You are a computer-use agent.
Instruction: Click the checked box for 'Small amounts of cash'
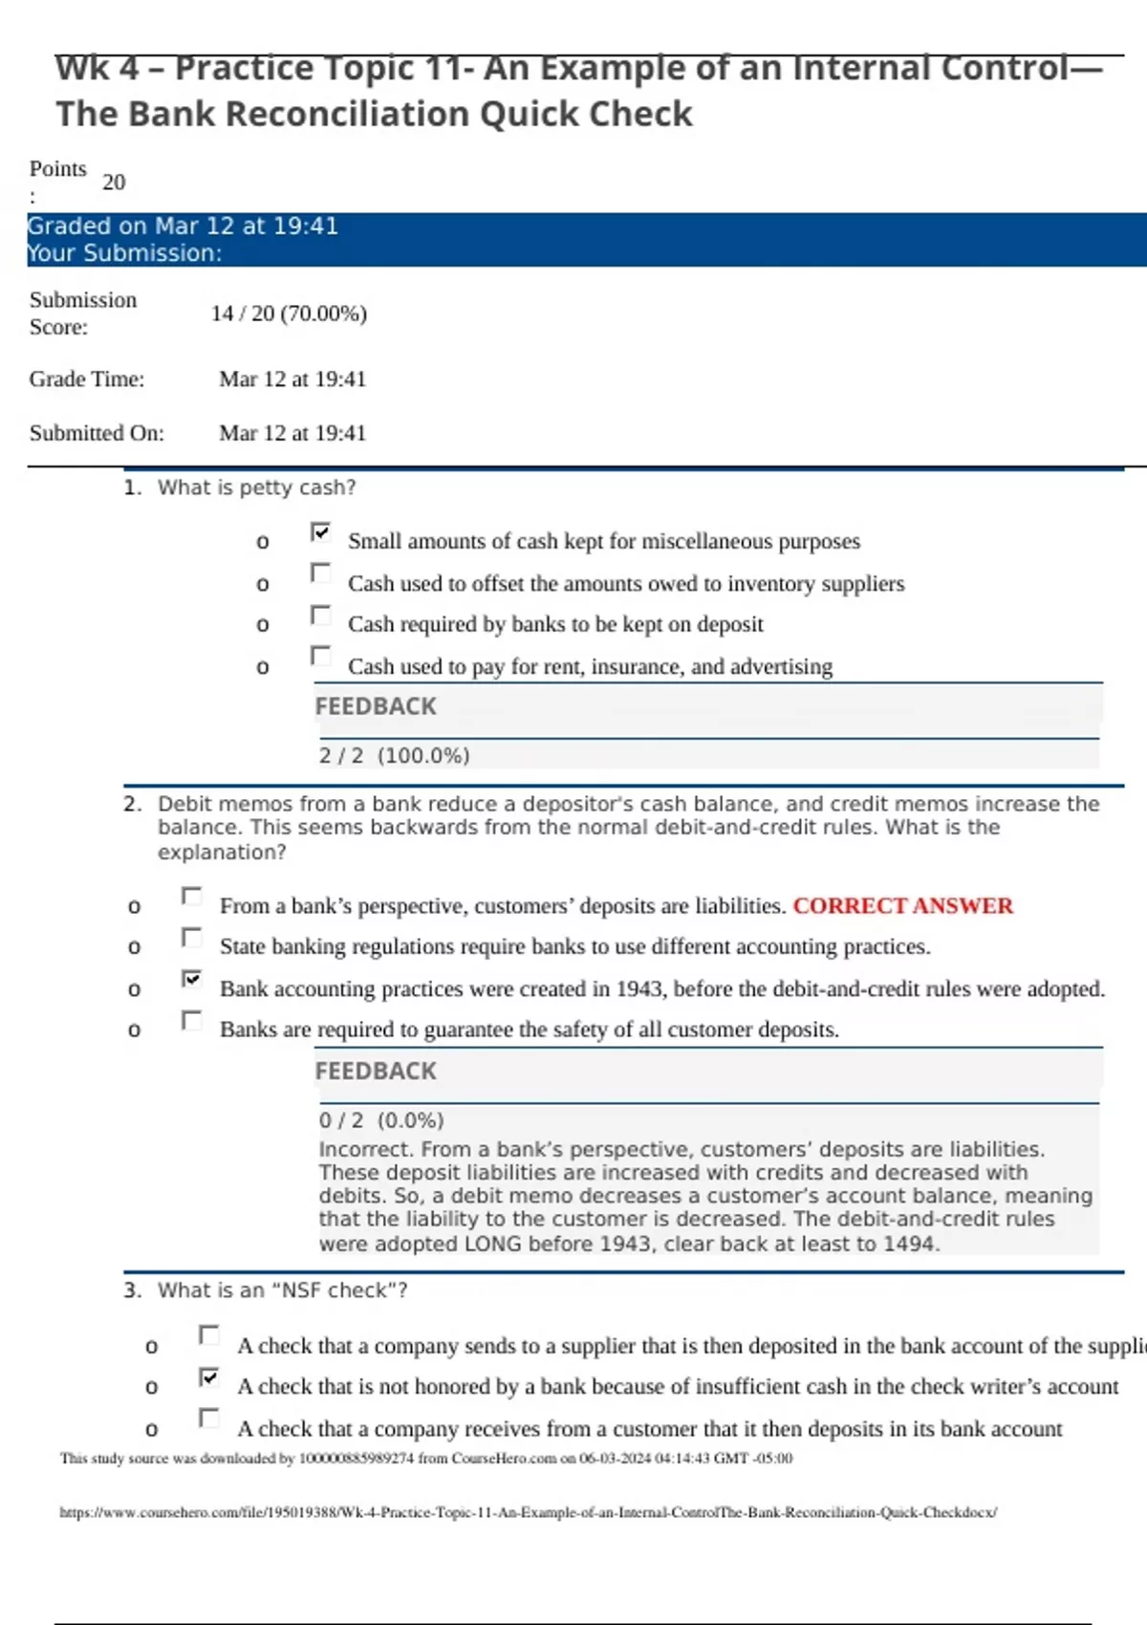321,532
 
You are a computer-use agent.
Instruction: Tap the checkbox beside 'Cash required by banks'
321,616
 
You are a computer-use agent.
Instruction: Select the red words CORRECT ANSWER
902,906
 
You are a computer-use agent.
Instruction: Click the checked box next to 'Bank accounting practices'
192,979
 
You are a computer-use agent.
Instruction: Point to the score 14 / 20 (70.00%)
289,314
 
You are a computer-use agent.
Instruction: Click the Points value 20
114,182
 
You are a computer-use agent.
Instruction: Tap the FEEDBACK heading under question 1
376,706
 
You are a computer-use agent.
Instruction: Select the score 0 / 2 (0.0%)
381,1120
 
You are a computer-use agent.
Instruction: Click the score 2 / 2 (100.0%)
394,755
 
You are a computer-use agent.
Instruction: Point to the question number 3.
132,1290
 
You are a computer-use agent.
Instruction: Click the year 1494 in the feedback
911,1244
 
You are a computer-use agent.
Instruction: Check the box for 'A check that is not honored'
209,1377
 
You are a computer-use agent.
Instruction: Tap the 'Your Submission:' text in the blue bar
124,253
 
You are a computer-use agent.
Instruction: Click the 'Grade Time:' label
87,379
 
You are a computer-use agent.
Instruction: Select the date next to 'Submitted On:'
292,433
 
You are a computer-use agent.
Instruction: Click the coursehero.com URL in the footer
528,1512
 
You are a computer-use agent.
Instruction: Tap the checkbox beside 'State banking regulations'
192,938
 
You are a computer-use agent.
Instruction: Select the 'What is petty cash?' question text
256,487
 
